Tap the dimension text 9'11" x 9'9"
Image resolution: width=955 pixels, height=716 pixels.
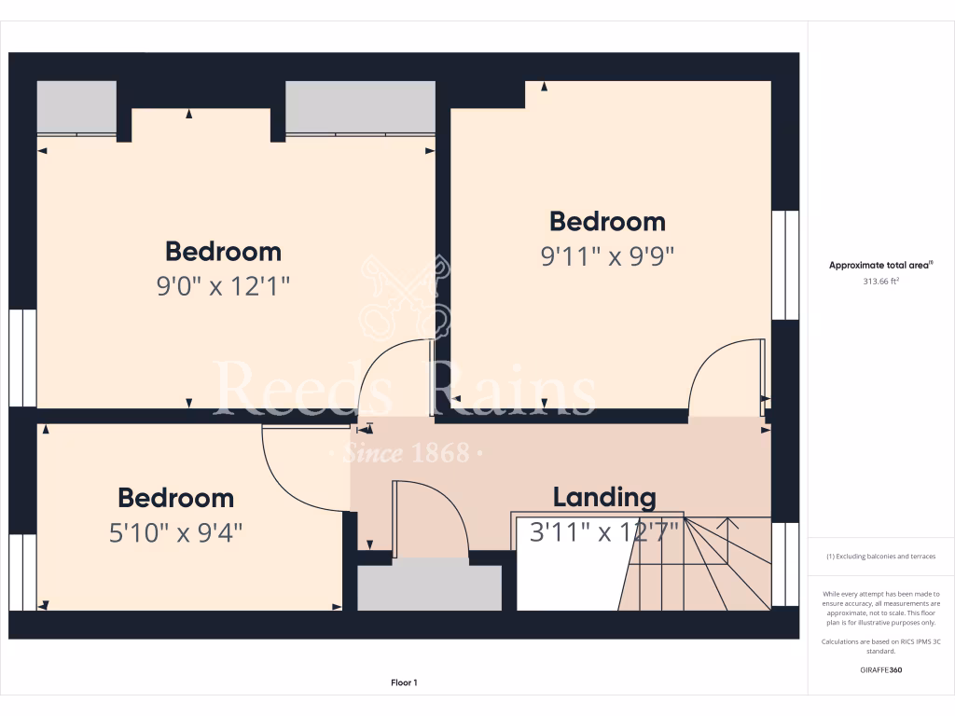(x=607, y=255)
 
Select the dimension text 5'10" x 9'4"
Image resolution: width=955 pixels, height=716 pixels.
(x=175, y=532)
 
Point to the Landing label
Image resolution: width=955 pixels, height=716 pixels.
(x=604, y=498)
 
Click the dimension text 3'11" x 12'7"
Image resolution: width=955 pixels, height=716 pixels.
(x=604, y=532)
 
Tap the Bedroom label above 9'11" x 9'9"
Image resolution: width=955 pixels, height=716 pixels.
(x=607, y=222)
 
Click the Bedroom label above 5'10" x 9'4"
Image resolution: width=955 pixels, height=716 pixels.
(x=175, y=498)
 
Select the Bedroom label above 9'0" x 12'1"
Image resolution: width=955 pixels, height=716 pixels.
(x=223, y=252)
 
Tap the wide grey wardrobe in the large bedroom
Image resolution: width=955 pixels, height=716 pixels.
(x=360, y=107)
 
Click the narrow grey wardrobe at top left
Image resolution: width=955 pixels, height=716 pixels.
(x=76, y=107)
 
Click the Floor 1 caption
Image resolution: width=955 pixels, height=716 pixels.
(x=404, y=683)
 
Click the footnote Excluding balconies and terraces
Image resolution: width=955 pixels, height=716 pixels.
(x=881, y=557)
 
